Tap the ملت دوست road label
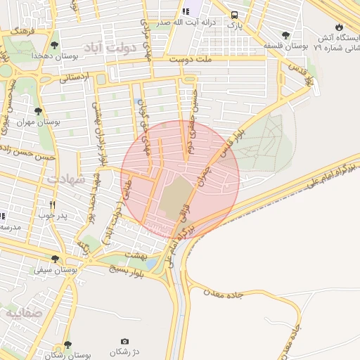pos(186,60)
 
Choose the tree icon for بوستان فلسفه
pos(285,34)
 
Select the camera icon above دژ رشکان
pos(124,341)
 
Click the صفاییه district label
pos(23,313)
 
